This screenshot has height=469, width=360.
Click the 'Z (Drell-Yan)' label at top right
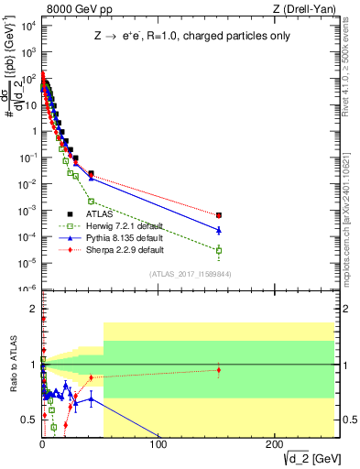pyautogui.click(x=301, y=8)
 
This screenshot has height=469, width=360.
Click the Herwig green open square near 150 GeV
pyautogui.click(x=218, y=250)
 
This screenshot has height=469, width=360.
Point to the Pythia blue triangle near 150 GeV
pyautogui.click(x=218, y=230)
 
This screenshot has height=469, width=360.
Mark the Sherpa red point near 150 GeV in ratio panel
pyautogui.click(x=218, y=370)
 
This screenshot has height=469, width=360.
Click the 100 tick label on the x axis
pyautogui.click(x=158, y=445)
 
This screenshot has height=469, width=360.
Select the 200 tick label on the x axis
pyautogui.click(x=273, y=445)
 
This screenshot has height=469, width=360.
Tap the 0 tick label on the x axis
pyautogui.click(x=42, y=445)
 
